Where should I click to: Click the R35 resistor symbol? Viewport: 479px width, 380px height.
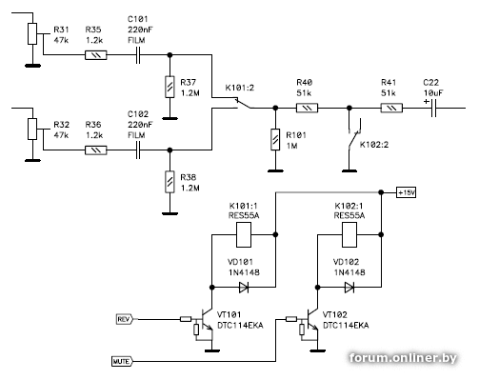coord(96,55)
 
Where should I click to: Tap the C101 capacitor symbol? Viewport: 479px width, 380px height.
coord(138,55)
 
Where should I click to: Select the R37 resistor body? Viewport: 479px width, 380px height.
coord(170,87)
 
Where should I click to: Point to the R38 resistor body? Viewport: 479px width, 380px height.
coord(170,182)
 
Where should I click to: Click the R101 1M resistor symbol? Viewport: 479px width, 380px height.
coord(275,139)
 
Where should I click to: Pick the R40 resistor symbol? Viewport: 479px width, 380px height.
coord(307,108)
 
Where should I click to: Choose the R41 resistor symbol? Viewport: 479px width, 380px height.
coord(391,108)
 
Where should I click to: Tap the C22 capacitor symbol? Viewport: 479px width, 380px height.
coord(433,108)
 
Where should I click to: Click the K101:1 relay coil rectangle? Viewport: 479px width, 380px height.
coord(244,234)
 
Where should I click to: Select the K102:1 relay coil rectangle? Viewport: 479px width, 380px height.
coord(349,234)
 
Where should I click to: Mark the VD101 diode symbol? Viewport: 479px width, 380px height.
coord(244,288)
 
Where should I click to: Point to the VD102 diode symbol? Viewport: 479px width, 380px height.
coord(349,288)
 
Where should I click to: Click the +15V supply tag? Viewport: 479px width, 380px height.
coord(407,192)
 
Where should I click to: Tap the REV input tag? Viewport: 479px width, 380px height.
coord(125,319)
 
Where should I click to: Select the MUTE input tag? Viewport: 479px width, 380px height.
coord(122,361)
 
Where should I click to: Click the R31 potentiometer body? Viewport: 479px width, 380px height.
coord(32,33)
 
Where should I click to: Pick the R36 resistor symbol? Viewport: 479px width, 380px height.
coord(96,150)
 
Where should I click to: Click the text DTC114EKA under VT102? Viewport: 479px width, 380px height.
coord(346,326)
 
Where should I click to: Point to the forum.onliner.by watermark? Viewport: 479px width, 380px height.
coord(403,358)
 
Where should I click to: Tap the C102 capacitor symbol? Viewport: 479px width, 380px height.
coord(138,150)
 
